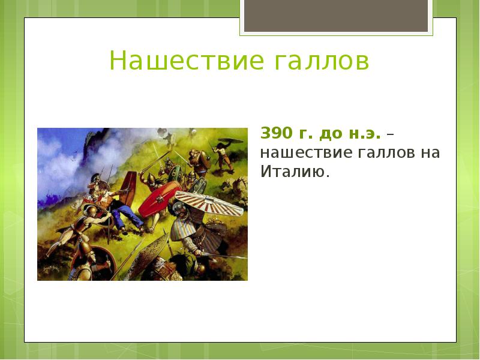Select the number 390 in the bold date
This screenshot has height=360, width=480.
point(274,133)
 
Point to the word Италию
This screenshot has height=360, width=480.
point(295,172)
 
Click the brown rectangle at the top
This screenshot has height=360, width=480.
point(335,16)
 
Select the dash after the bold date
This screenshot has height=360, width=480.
point(390,133)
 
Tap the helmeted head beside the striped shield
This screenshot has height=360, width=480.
point(179,210)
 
